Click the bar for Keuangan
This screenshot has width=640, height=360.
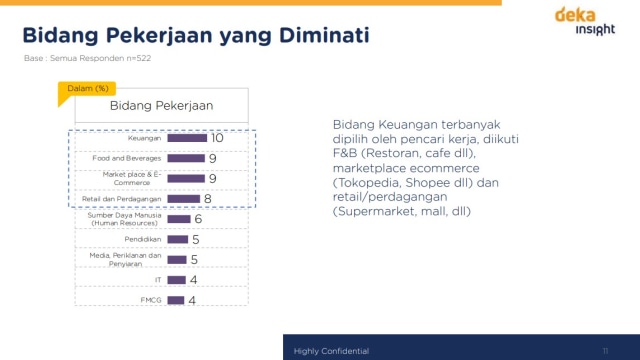click(x=187, y=138)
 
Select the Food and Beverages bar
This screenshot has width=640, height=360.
click(x=185, y=158)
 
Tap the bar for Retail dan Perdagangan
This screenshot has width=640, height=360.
click(x=183, y=199)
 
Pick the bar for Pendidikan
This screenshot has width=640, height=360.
click(x=178, y=240)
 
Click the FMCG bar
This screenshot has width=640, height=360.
click(x=176, y=300)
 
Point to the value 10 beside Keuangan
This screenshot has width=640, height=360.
click(x=217, y=138)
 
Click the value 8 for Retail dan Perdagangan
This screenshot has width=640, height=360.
click(x=207, y=199)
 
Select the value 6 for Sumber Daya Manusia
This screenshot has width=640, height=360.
click(x=198, y=219)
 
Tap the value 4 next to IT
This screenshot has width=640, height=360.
click(x=193, y=280)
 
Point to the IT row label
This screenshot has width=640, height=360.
click(x=157, y=280)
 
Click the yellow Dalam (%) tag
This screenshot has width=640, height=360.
click(x=87, y=89)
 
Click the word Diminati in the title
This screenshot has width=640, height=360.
click(x=325, y=37)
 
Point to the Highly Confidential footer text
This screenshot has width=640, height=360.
click(x=331, y=351)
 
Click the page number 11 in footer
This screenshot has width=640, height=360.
click(x=605, y=351)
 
